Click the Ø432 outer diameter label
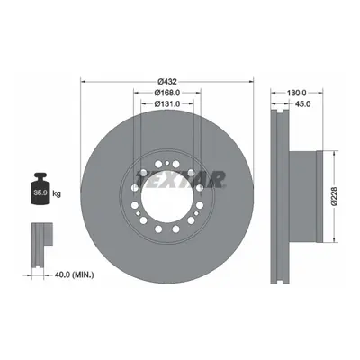(167, 81)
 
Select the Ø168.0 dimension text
(167, 93)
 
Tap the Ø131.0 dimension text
(167, 103)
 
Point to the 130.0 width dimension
(296, 93)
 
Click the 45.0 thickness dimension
(302, 103)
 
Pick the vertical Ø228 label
(335, 196)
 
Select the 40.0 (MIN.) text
(74, 274)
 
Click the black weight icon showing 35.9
(40, 189)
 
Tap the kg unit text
(57, 193)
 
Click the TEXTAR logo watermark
(180, 180)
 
